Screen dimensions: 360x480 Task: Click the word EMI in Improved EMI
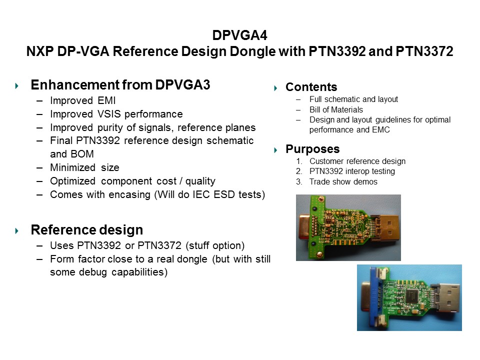click(x=106, y=100)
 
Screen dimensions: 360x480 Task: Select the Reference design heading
click(x=87, y=230)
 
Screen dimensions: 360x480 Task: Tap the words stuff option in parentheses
click(x=215, y=246)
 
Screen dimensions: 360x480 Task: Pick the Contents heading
click(x=311, y=87)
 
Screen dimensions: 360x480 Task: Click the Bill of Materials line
click(x=336, y=109)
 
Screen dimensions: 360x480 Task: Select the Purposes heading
click(x=312, y=149)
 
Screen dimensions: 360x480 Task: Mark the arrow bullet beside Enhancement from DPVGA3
click(x=16, y=86)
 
